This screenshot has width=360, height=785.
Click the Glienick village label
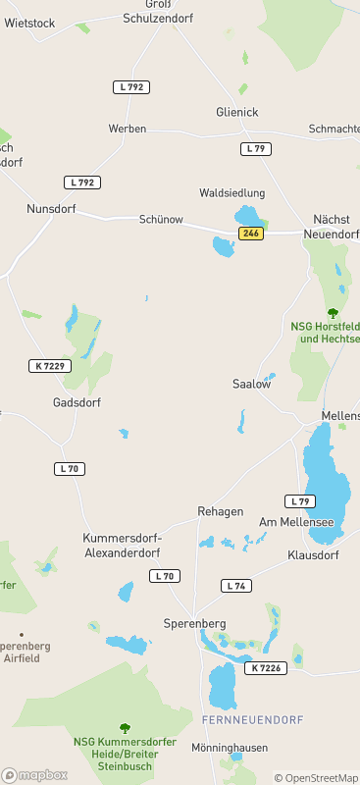pos(237,113)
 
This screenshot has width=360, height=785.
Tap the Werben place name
pos(128,129)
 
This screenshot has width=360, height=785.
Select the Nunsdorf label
pos(51,209)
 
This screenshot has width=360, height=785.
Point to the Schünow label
pos(161,220)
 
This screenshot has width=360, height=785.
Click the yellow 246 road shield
pos(250,233)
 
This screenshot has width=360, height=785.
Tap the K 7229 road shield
pos(49,366)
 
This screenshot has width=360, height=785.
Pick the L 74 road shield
pos(235,586)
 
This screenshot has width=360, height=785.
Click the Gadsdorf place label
pos(77,402)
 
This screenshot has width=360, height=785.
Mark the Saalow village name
pos(251,384)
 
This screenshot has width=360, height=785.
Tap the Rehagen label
pos(221,512)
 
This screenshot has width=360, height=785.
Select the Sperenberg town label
pos(194,623)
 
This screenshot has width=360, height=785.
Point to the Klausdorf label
pos(313,554)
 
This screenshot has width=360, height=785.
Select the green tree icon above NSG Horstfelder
pos(333,313)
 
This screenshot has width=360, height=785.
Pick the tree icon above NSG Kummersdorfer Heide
pos(124,728)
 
